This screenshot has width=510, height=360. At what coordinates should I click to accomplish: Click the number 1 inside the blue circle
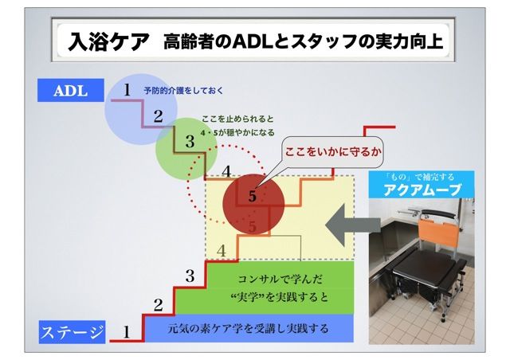[127, 91]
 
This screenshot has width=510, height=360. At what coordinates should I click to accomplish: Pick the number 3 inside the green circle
[190, 143]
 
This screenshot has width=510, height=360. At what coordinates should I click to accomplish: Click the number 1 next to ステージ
[125, 333]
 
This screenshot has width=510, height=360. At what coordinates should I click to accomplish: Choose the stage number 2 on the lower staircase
[158, 304]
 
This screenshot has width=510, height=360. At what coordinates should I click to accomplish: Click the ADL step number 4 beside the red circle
[226, 170]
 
